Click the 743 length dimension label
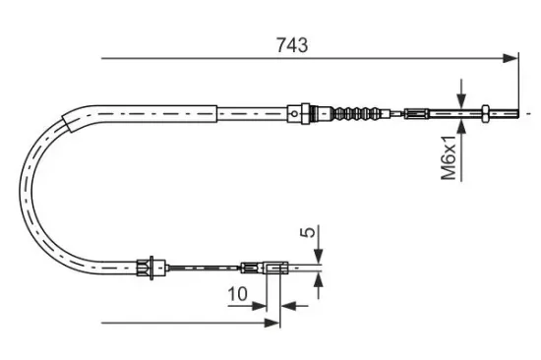pyautogui.click(x=292, y=45)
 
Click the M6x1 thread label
pyautogui.click(x=449, y=157)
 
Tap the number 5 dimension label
pyautogui.click(x=309, y=232)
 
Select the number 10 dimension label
pyautogui.click(x=237, y=294)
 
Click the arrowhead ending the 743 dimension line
pyautogui.click(x=511, y=58)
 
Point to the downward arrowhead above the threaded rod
pyautogui.click(x=461, y=100)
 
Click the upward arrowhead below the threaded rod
pyautogui.click(x=461, y=126)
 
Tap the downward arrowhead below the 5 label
pyautogui.click(x=318, y=257)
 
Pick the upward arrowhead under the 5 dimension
pyautogui.click(x=318, y=279)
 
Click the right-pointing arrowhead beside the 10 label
pyautogui.click(x=259, y=306)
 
